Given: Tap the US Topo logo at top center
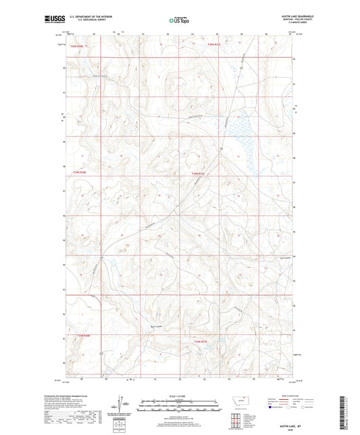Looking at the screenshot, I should pos(179,21).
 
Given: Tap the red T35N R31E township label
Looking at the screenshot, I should pos(214,45).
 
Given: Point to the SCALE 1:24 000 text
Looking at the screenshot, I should pos(180,396).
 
